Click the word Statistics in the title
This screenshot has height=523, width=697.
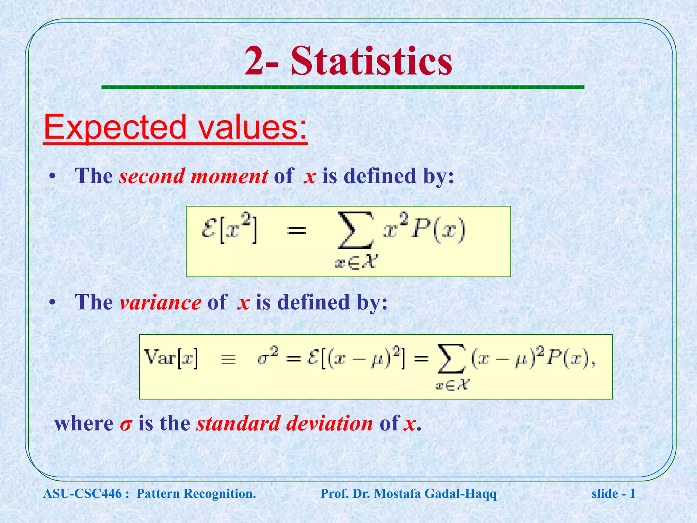coord(372,61)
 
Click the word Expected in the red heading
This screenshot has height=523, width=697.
coord(115,128)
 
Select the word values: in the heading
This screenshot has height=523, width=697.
coord(253,128)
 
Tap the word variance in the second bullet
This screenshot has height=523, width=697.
coord(160,302)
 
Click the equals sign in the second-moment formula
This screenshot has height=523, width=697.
coord(296,231)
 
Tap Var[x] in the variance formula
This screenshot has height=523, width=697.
coord(171,358)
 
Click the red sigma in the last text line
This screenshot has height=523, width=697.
coord(125,425)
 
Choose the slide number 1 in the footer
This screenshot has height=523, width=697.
coord(632,493)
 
